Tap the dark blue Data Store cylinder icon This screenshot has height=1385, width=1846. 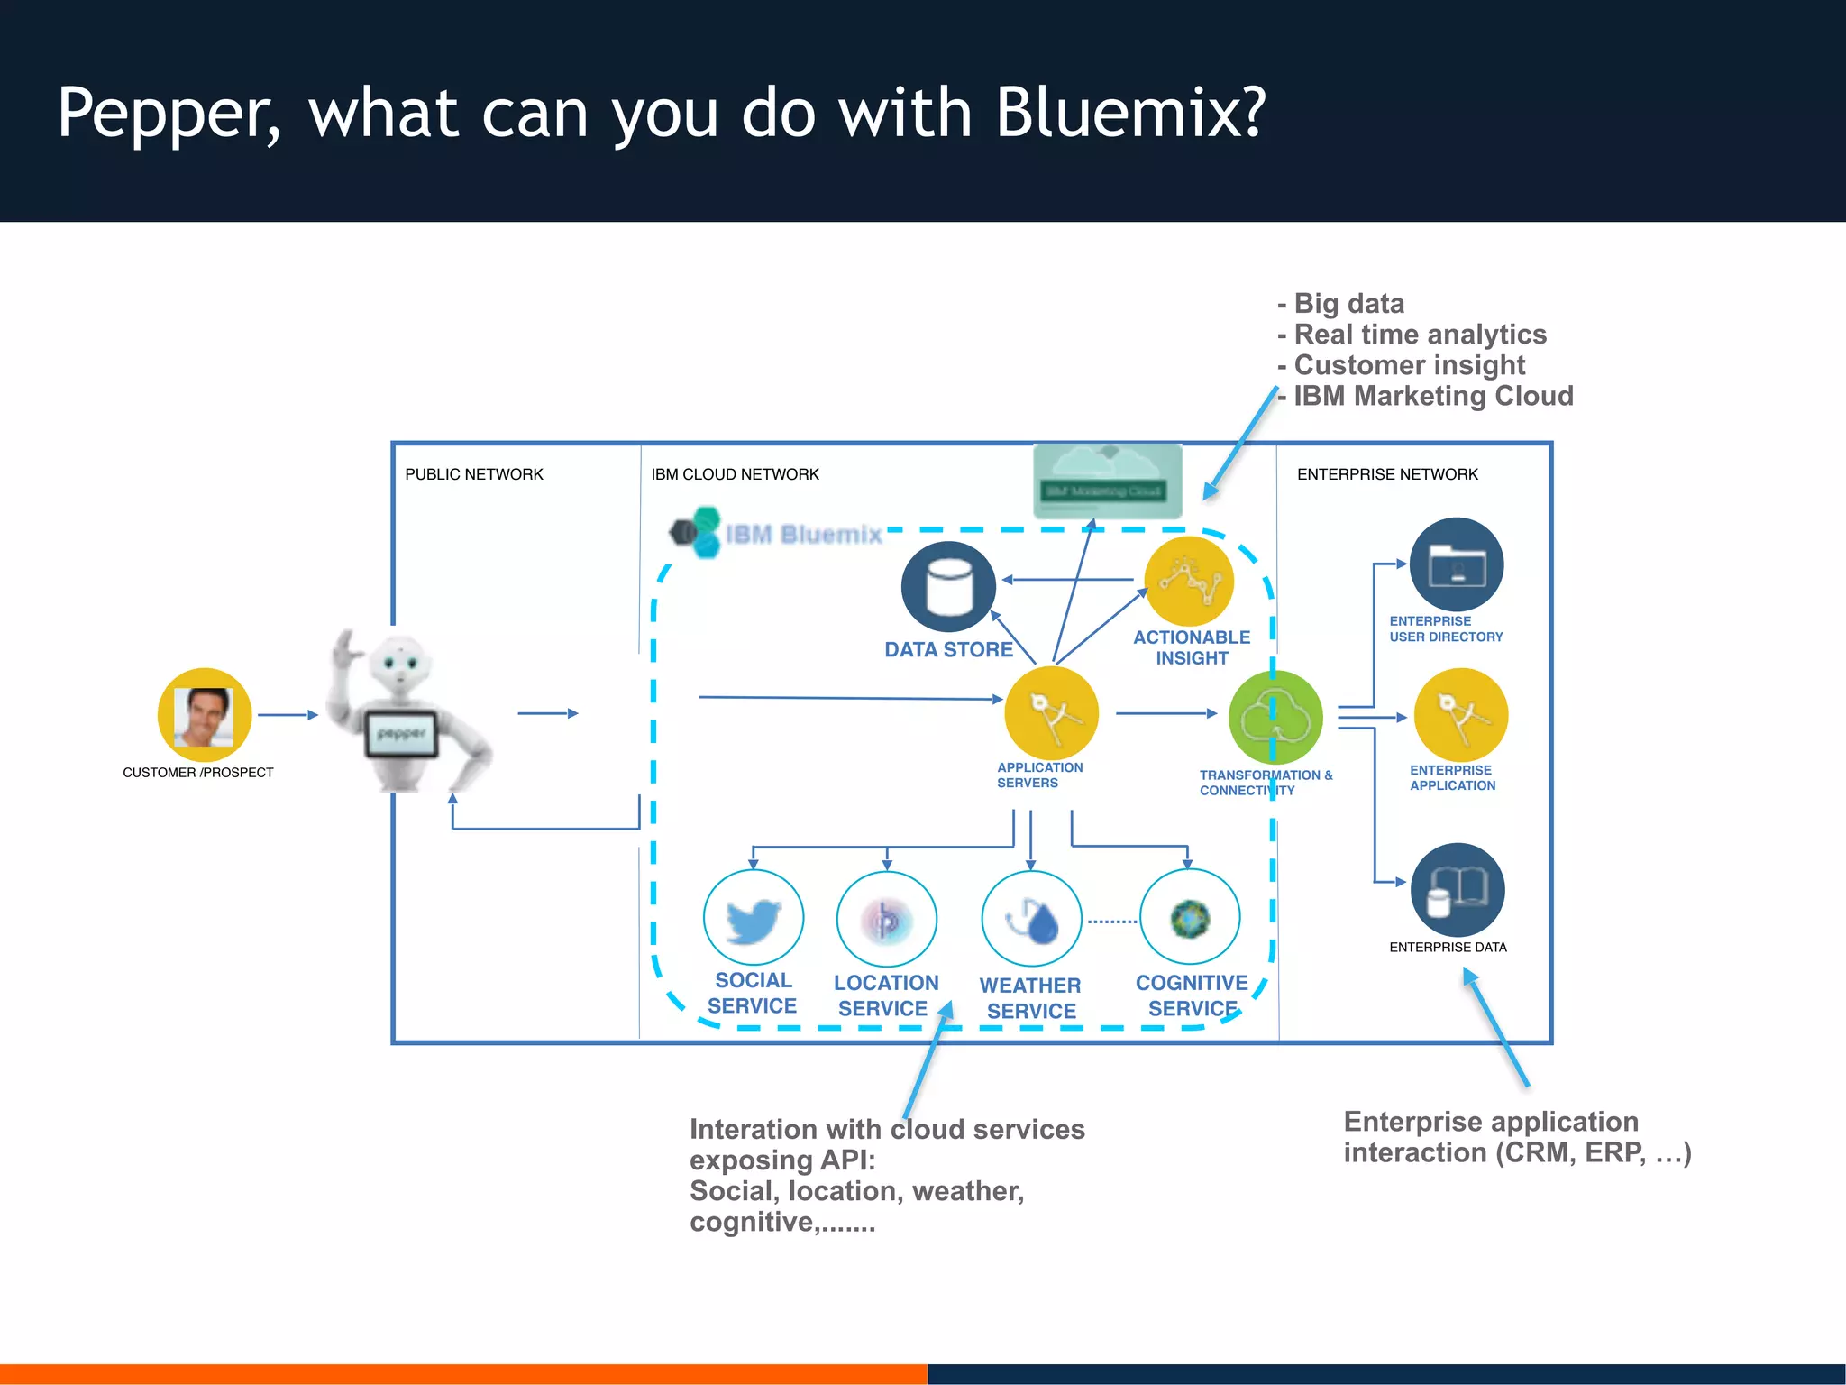pos(948,586)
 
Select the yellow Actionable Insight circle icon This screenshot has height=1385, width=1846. pos(1190,582)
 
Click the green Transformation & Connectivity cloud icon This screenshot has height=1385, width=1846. pos(1275,718)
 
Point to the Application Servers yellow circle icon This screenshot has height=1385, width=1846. pos(1051,713)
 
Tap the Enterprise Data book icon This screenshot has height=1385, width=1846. pos(1458,890)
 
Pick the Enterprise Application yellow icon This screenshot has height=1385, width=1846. pos(1460,715)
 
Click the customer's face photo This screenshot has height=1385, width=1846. pos(205,716)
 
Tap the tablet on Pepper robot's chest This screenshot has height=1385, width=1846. pos(401,734)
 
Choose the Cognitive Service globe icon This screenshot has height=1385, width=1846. pos(1190,919)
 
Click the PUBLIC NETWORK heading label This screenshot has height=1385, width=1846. pos(474,474)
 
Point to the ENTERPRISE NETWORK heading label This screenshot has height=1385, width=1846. pos(1387,474)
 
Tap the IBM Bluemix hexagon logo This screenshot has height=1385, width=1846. pos(696,532)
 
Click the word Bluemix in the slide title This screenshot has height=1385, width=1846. pos(1131,114)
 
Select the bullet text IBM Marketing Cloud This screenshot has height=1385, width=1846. pos(1433,396)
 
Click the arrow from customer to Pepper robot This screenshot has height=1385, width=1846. pos(288,715)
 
